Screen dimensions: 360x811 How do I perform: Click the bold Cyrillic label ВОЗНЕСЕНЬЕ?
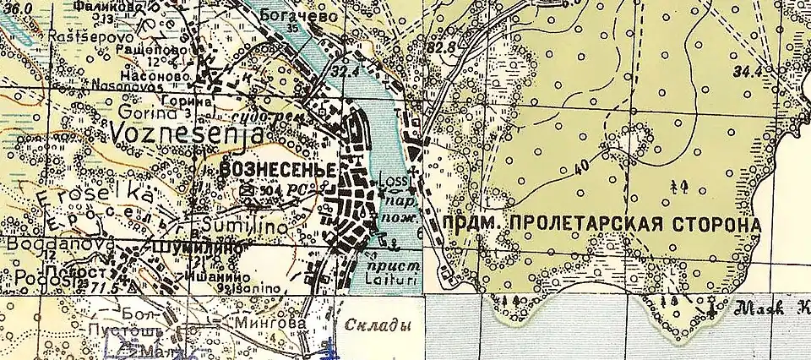point(278,169)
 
